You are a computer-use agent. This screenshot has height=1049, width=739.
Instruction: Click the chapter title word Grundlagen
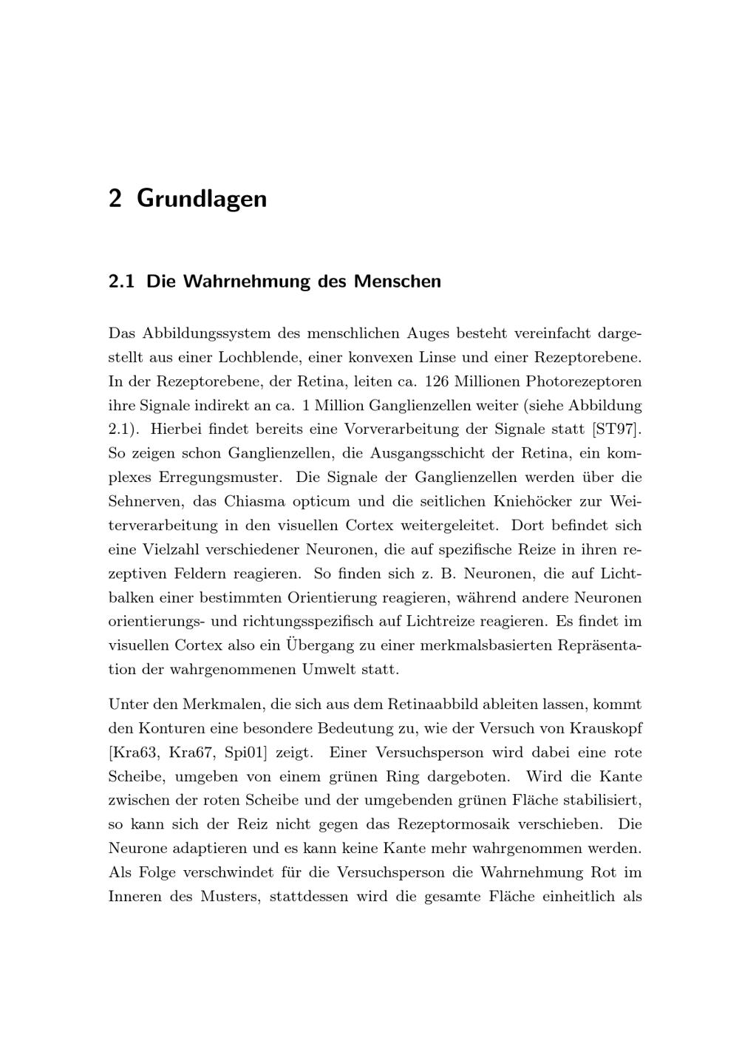pyautogui.click(x=202, y=199)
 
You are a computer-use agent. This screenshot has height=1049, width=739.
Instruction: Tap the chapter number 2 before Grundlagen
pyautogui.click(x=115, y=199)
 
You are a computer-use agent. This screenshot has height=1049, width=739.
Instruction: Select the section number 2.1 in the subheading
pyautogui.click(x=121, y=282)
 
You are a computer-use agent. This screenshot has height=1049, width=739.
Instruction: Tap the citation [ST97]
pyautogui.click(x=616, y=430)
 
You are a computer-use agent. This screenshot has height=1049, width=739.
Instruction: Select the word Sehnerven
pyautogui.click(x=146, y=501)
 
